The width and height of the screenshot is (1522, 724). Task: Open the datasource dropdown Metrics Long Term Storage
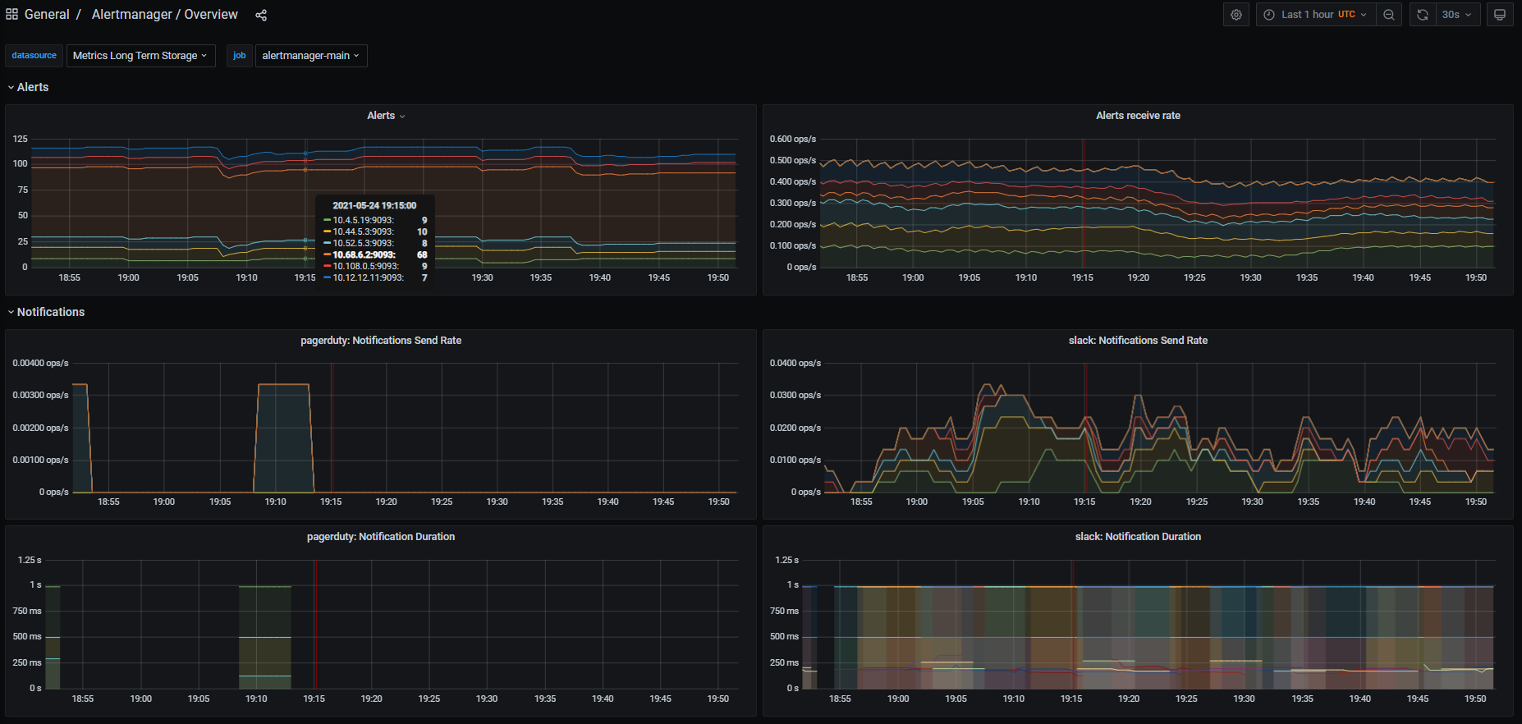coord(140,56)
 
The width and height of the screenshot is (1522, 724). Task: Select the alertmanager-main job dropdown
coord(310,56)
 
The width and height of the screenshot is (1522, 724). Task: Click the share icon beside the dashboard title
coord(261,15)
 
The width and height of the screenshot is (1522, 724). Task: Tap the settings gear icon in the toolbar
coord(1236,15)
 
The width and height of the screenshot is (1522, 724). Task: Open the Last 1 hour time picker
coord(1315,15)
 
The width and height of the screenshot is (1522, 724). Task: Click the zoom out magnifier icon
coord(1389,15)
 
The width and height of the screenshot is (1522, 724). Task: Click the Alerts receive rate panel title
coord(1138,116)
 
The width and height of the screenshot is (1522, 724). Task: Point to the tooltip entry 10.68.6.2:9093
coord(364,254)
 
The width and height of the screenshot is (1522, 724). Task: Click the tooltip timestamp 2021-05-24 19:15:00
coord(374,205)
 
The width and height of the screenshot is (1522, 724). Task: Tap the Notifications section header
coord(50,312)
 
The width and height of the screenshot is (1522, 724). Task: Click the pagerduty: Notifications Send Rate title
coord(381,341)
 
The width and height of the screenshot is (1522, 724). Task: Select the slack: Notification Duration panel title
coord(1138,537)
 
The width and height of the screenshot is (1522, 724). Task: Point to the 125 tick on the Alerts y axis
coord(21,140)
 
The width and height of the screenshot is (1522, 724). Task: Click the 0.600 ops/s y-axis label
coord(792,140)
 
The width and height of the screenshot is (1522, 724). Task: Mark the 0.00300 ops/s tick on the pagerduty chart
coord(40,396)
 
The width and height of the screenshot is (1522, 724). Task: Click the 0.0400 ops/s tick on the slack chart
coord(795,363)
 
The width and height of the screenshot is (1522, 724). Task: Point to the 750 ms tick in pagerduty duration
coord(27,611)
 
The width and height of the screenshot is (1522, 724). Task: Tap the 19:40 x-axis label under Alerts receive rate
coord(1363,278)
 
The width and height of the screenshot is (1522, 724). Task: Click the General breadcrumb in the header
coord(47,15)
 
